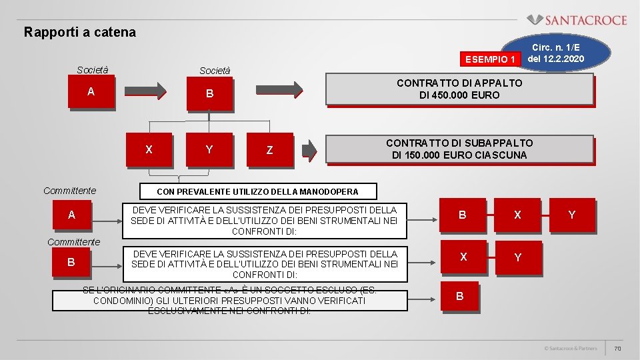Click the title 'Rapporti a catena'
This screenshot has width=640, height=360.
(79, 32)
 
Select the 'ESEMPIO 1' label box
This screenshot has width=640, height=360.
(491, 59)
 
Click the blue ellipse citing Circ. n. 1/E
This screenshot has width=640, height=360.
(555, 53)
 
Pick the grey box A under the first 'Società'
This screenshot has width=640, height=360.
(91, 93)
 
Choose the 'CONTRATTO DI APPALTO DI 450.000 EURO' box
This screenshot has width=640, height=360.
(459, 89)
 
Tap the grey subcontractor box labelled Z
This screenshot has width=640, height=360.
(269, 150)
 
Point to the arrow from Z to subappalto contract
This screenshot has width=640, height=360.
(309, 151)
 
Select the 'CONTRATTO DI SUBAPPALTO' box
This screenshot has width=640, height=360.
(459, 149)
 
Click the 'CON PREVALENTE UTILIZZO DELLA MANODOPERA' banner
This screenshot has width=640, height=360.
(257, 191)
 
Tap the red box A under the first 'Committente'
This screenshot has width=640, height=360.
(71, 215)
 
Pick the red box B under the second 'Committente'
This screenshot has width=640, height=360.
(71, 262)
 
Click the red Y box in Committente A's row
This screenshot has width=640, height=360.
(571, 215)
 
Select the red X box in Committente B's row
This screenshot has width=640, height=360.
(463, 257)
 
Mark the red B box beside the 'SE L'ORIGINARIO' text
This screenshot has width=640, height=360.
(459, 296)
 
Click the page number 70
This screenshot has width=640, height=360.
(617, 349)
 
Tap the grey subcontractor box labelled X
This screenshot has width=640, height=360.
(149, 149)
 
